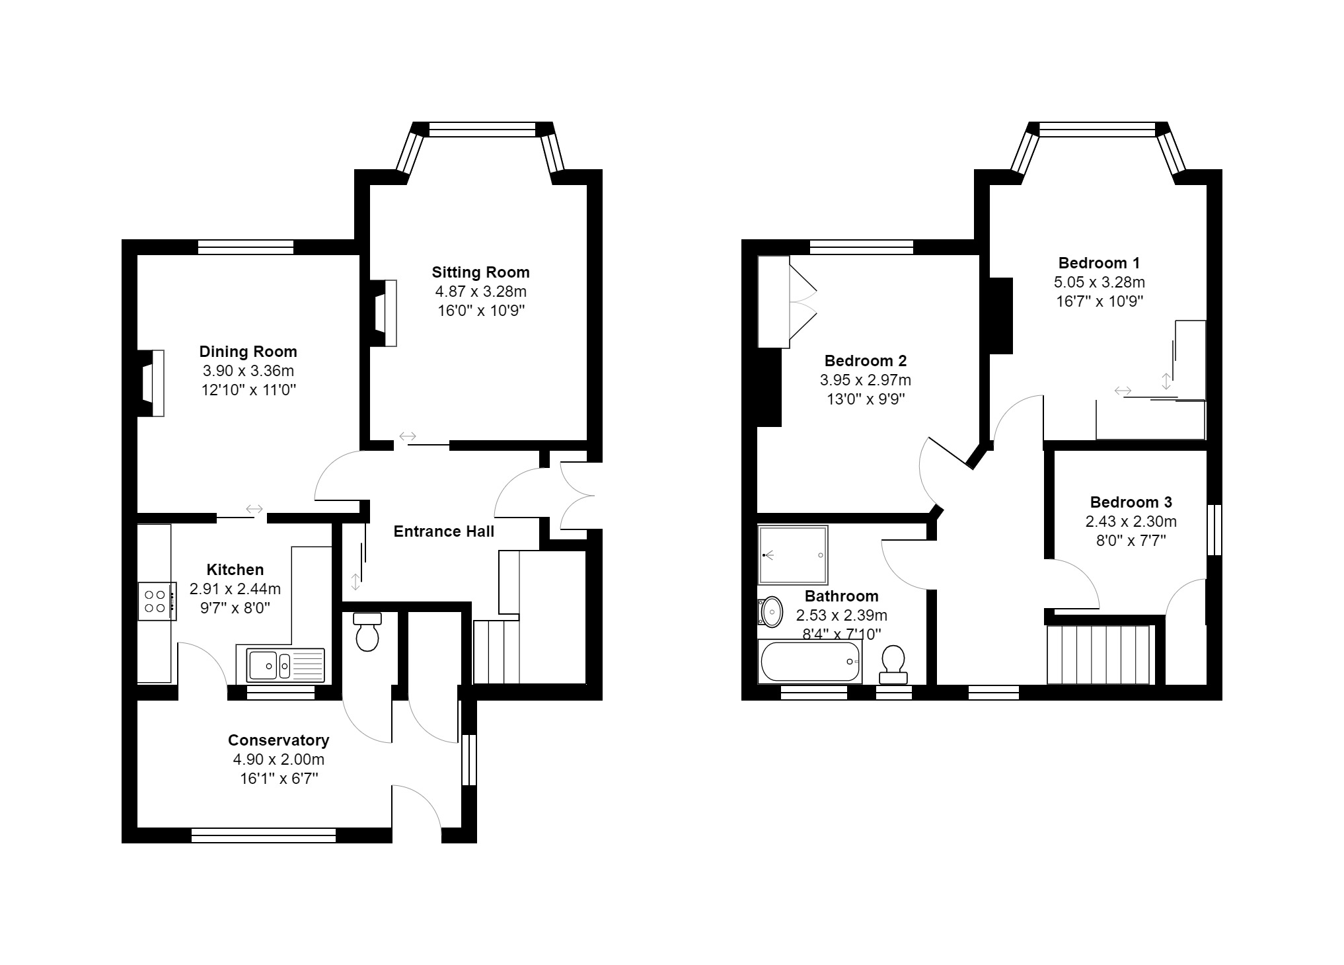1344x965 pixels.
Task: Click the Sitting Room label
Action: click(x=480, y=272)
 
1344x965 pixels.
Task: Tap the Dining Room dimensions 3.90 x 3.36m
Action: click(x=248, y=371)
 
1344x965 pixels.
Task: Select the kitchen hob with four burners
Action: click(x=157, y=601)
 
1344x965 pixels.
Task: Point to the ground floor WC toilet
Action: click(x=367, y=633)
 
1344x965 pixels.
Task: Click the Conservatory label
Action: click(x=278, y=740)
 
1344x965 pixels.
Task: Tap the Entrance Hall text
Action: click(x=443, y=531)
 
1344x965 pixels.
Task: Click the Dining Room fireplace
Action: click(x=153, y=383)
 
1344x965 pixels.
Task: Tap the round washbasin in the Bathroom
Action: click(x=770, y=612)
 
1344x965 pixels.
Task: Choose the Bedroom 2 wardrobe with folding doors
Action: click(x=774, y=302)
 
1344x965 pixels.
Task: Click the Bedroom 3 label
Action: click(x=1131, y=502)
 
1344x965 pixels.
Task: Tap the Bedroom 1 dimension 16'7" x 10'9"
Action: click(x=1099, y=301)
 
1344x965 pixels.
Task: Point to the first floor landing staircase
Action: click(x=1100, y=654)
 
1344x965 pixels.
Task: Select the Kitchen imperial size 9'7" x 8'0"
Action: click(x=235, y=608)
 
